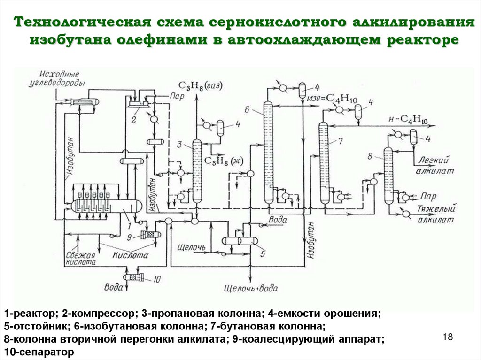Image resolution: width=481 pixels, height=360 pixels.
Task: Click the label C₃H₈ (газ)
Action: pyautogui.click(x=200, y=85)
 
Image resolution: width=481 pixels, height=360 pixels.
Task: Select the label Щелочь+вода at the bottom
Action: pyautogui.click(x=251, y=288)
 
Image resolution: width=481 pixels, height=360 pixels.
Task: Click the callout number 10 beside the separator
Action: pyautogui.click(x=156, y=279)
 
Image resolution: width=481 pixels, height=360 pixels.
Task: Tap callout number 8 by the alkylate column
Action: pyautogui.click(x=371, y=155)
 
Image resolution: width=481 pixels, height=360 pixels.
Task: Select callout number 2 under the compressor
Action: pyautogui.click(x=133, y=120)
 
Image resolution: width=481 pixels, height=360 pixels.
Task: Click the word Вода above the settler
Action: pyautogui.click(x=277, y=219)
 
